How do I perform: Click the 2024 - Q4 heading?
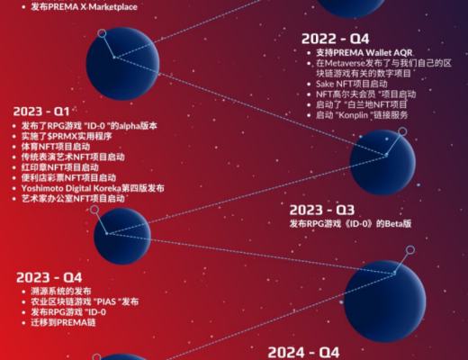[x=303, y=351]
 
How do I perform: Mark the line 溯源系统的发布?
[x=59, y=291]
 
